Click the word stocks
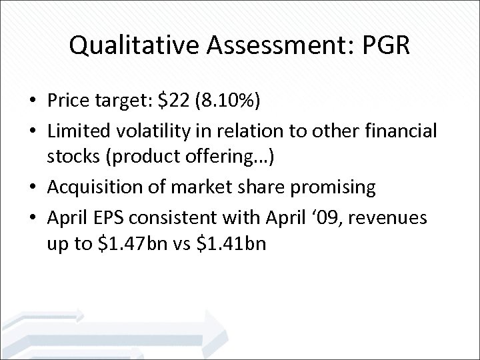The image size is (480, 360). click(74, 159)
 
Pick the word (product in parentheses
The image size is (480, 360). click(145, 159)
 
